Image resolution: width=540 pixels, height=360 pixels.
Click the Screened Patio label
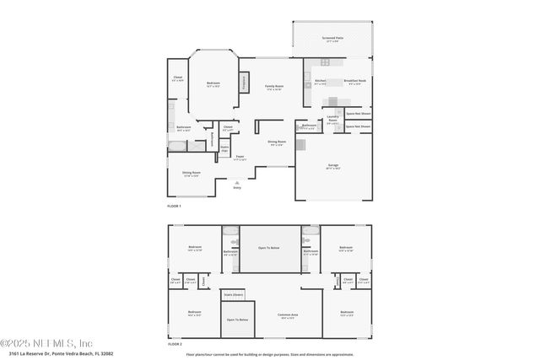pyautogui.click(x=332, y=38)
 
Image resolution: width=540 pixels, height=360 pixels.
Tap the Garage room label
pyautogui.click(x=333, y=166)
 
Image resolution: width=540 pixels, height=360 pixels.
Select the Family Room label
pyautogui.click(x=273, y=87)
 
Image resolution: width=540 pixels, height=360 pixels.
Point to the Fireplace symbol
pyautogui.click(x=245, y=83)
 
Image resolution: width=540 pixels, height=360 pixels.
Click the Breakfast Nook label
pyautogui.click(x=355, y=82)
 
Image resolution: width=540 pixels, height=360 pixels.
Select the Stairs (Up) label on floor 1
pyautogui.click(x=224, y=148)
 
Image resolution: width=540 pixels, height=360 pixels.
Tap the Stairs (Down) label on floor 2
pyautogui.click(x=233, y=295)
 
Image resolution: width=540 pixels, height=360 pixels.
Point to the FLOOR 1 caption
pyautogui.click(x=175, y=205)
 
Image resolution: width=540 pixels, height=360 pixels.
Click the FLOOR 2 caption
pyautogui.click(x=175, y=344)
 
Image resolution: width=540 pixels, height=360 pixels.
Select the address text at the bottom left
pyautogui.click(x=57, y=354)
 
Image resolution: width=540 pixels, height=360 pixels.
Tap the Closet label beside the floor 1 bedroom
pyautogui.click(x=178, y=78)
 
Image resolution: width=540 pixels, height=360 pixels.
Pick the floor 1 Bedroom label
pyautogui.click(x=213, y=83)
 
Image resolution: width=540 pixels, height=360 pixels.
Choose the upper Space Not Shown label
pyautogui.click(x=359, y=113)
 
